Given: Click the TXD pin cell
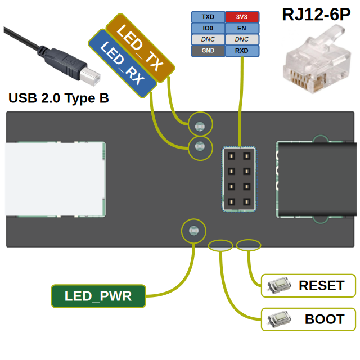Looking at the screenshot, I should tap(208, 17).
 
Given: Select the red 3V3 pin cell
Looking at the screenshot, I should tap(242, 17).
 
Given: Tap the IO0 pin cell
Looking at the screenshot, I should tap(208, 28).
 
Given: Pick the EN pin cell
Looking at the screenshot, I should tap(242, 28).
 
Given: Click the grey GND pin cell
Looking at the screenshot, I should tap(208, 51).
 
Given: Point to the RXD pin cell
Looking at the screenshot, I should tap(242, 51).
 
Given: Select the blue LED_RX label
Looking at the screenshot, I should tap(122, 62).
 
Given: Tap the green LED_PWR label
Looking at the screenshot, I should tap(98, 296).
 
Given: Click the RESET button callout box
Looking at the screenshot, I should tap(309, 285).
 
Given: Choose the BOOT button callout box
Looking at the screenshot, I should tap(309, 319).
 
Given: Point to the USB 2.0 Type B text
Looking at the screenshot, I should tap(58, 98).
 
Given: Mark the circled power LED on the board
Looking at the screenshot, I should tap(193, 230).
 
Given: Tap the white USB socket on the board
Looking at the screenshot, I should tap(55, 179).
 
